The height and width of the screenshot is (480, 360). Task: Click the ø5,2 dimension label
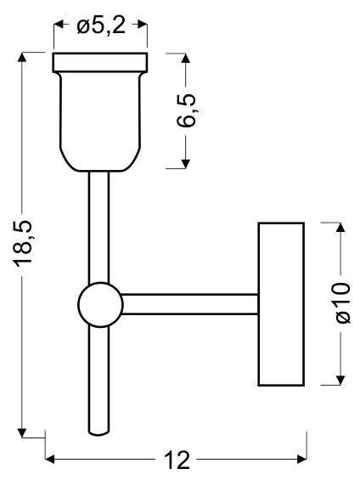tap(101, 25)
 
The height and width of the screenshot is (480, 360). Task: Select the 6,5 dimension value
tap(186, 110)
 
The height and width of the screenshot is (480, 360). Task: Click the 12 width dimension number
tap(177, 460)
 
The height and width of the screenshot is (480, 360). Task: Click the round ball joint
tap(100, 305)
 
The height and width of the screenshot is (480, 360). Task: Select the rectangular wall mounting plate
tap(281, 304)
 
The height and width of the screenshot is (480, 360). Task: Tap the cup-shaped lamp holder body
tap(101, 121)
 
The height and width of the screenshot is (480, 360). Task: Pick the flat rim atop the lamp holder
tap(100, 63)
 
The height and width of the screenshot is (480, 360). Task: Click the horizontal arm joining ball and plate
tap(190, 304)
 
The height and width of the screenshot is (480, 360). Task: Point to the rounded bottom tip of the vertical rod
tap(98, 432)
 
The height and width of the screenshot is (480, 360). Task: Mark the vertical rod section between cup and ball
tap(98, 227)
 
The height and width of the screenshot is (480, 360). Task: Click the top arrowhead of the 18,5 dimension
tap(22, 58)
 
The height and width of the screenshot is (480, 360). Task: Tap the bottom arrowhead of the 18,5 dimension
tap(22, 432)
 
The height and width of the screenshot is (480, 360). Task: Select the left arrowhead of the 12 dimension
tap(50, 459)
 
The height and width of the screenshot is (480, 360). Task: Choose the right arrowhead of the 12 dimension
tap(302, 459)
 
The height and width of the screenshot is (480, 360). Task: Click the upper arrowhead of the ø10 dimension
tap(340, 228)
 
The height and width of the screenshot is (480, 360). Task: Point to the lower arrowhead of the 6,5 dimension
tap(186, 163)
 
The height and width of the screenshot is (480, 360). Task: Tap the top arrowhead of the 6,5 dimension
tap(186, 58)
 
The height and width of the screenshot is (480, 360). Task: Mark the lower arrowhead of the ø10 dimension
tap(340, 381)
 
